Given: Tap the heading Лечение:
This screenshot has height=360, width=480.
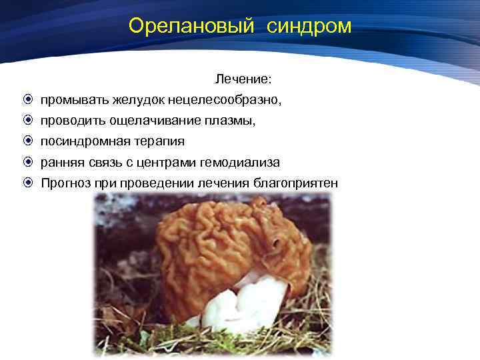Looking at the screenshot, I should coord(243,79).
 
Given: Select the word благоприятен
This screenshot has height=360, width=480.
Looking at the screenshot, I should coord(296,183).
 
